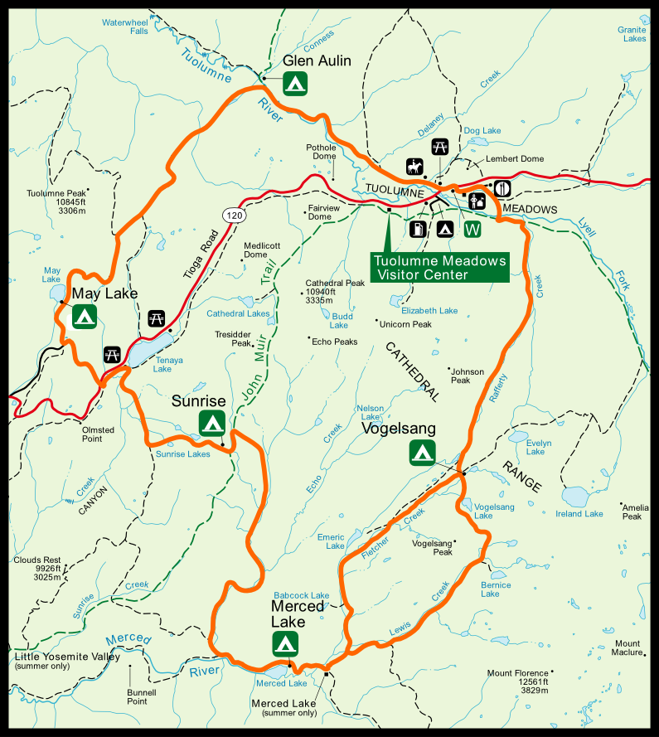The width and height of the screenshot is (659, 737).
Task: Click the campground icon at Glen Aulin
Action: pyautogui.click(x=296, y=82)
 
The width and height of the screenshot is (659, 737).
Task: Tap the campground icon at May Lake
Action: pyautogui.click(x=85, y=316)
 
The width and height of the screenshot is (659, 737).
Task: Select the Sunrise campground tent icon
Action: pyautogui.click(x=212, y=423)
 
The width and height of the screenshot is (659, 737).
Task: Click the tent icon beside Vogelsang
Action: pyautogui.click(x=423, y=452)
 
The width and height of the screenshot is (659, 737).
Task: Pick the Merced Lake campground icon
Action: pyautogui.click(x=285, y=642)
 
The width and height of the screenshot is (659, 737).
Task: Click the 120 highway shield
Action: pyautogui.click(x=235, y=216)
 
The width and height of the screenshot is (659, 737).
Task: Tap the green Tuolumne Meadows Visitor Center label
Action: pyautogui.click(x=439, y=267)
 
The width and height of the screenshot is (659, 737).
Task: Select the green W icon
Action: pyautogui.click(x=473, y=228)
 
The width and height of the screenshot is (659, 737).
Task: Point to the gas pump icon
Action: pyautogui.click(x=419, y=228)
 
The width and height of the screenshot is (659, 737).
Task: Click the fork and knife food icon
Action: pyautogui.click(x=502, y=189)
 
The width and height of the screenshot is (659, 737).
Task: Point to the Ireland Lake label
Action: pyautogui.click(x=580, y=514)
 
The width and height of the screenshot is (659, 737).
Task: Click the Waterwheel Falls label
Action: pyautogui.click(x=125, y=26)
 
